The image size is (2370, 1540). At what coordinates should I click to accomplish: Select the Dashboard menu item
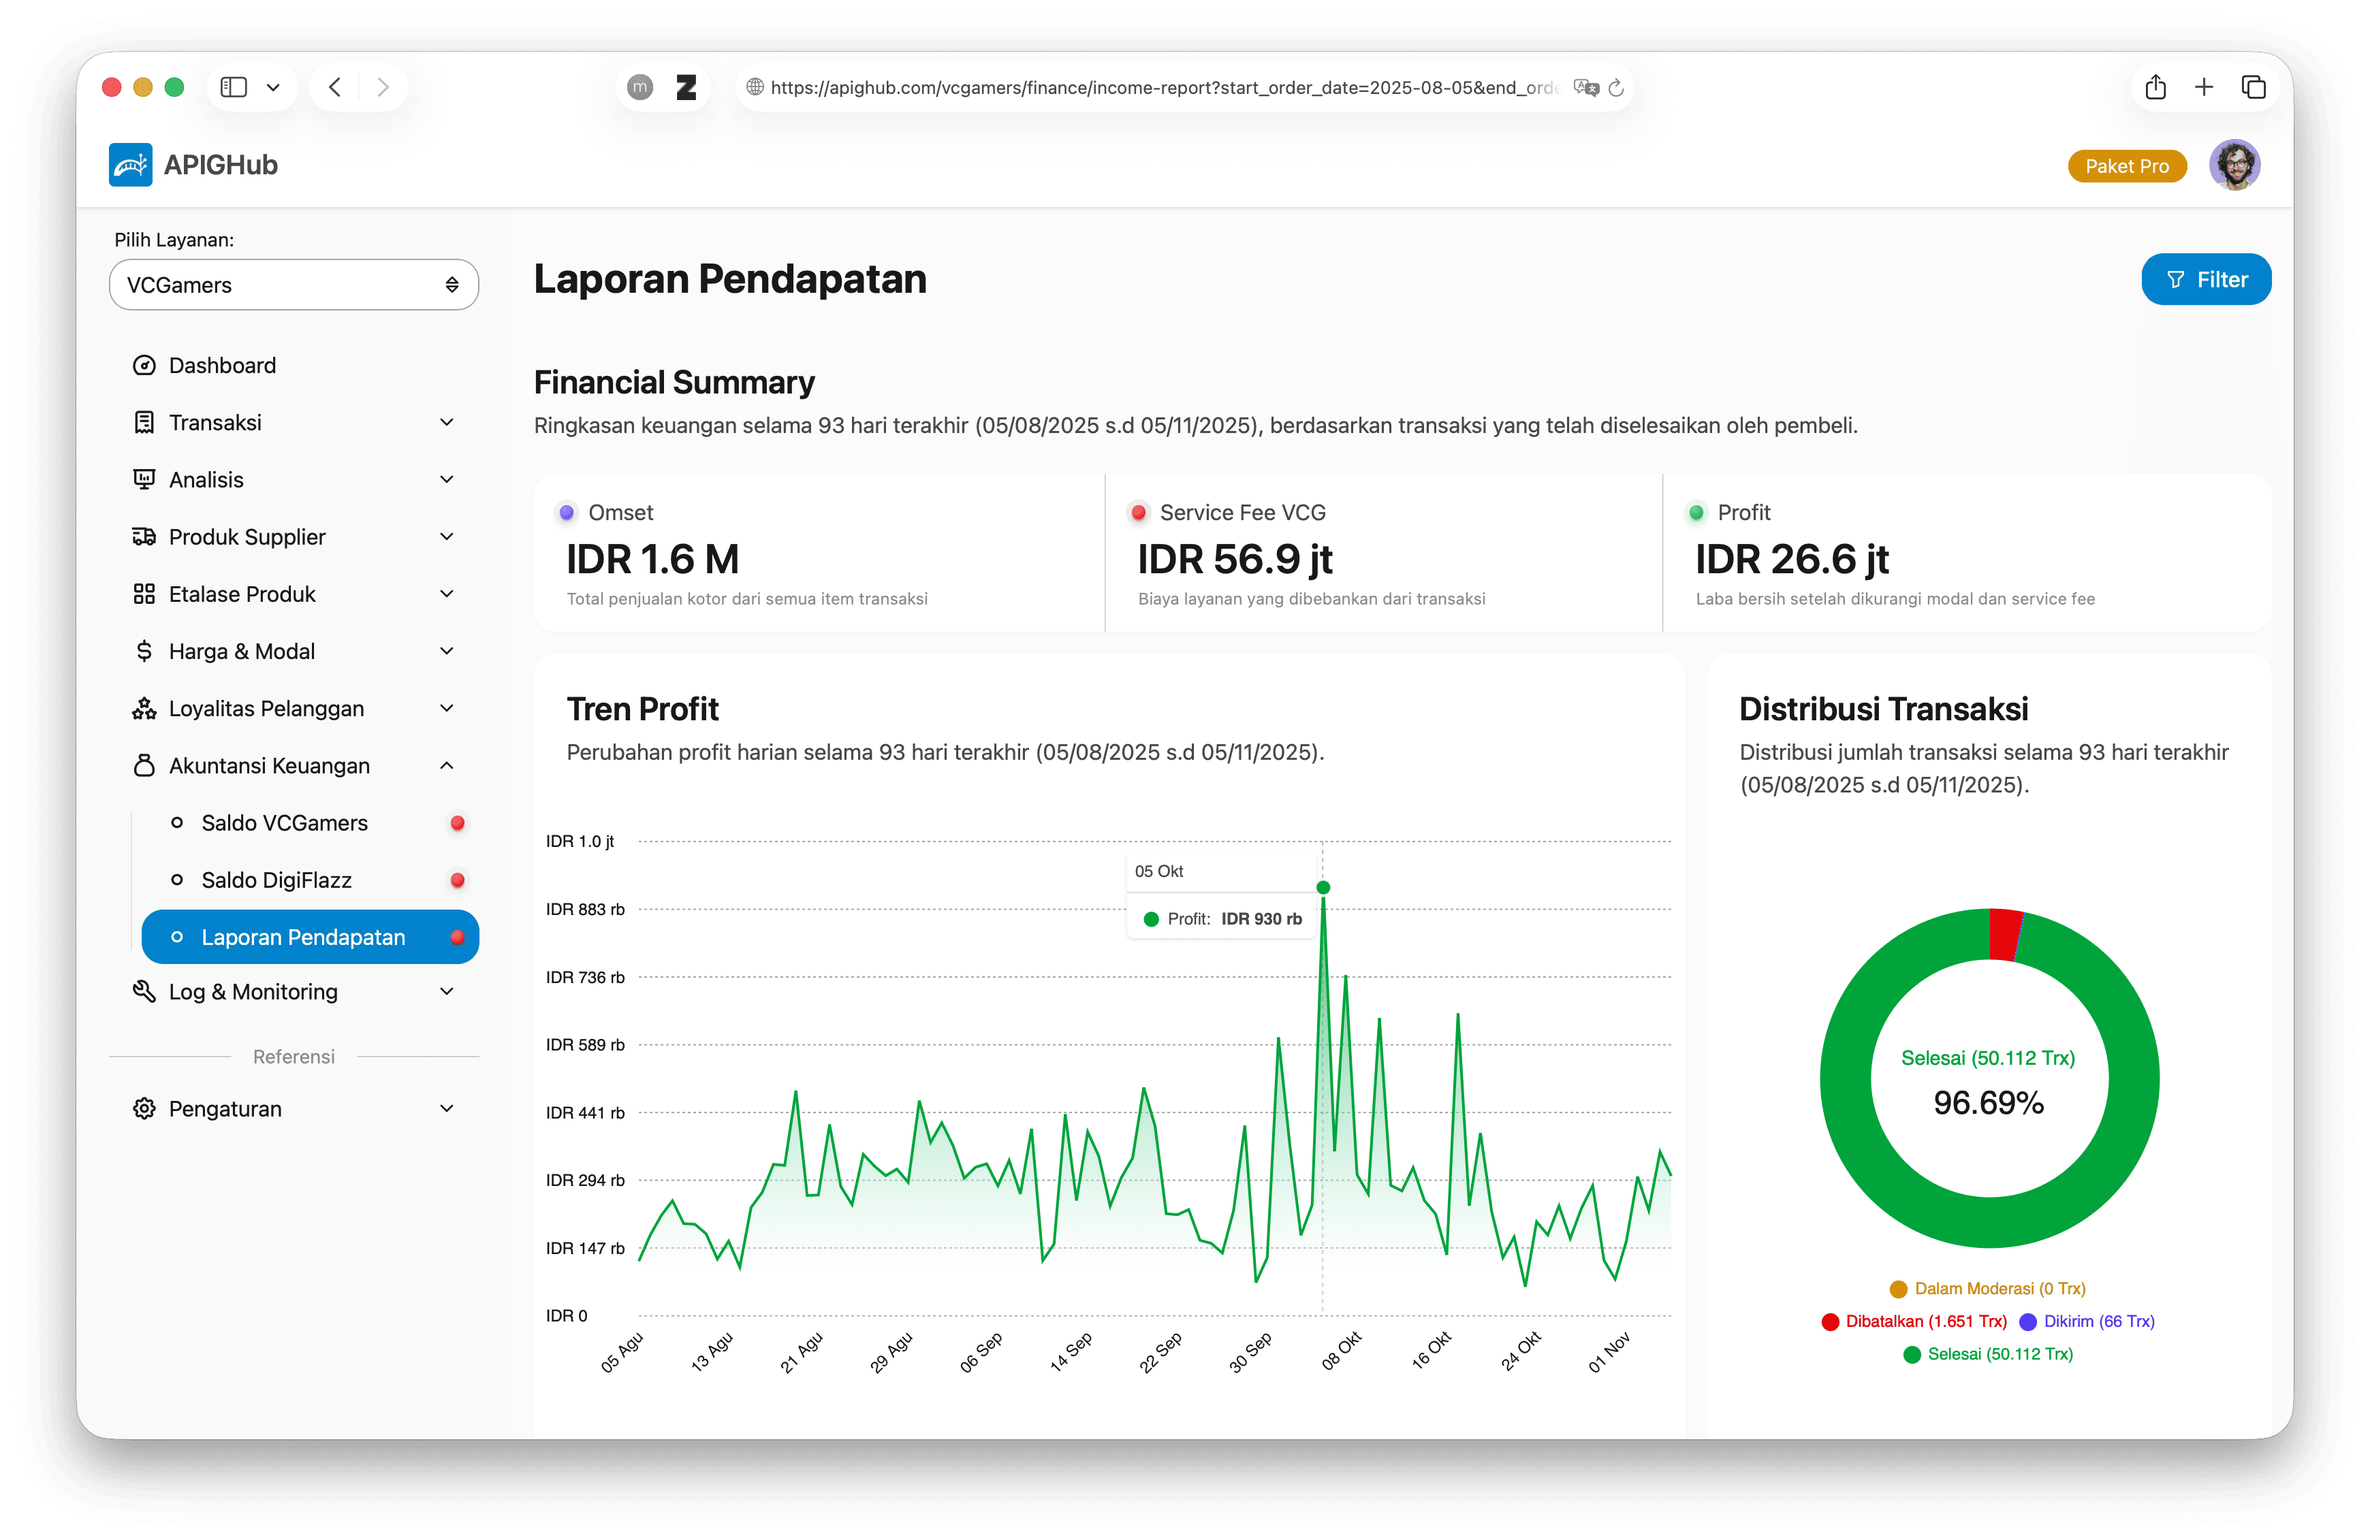tap(222, 366)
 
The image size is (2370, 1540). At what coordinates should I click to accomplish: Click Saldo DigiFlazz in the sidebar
tap(276, 880)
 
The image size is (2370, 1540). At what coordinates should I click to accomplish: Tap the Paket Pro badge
tap(2126, 166)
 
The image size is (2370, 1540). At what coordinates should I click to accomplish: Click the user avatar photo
tap(2234, 165)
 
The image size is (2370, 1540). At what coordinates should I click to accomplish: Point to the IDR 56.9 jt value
tap(1234, 560)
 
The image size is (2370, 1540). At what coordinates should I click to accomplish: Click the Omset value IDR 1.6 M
tap(652, 560)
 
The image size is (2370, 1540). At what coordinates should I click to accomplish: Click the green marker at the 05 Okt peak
tap(1323, 887)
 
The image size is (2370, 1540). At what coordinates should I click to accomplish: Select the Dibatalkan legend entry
tap(1913, 1321)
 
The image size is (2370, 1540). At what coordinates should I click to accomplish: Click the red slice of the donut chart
tap(2004, 934)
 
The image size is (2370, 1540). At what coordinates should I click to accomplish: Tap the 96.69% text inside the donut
tap(1988, 1102)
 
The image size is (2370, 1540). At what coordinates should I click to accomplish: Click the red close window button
tap(112, 88)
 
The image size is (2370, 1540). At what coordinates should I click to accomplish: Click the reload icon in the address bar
tap(1615, 88)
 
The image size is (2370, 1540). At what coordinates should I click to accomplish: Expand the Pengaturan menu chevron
tap(446, 1108)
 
